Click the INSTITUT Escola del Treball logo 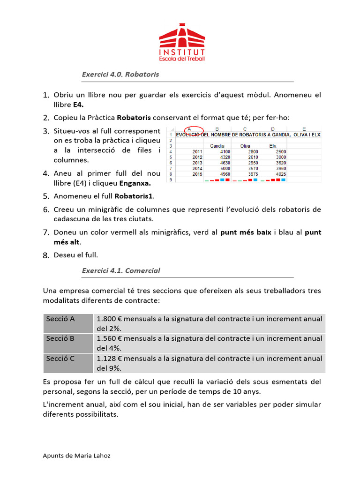182,43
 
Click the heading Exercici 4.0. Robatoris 120,74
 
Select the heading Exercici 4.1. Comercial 121,270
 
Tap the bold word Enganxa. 135,183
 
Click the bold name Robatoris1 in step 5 134,196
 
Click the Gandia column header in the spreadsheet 217,146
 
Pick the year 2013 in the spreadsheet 197,162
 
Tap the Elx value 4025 280,173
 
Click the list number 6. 46,210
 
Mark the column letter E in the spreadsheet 304,129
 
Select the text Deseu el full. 76,255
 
